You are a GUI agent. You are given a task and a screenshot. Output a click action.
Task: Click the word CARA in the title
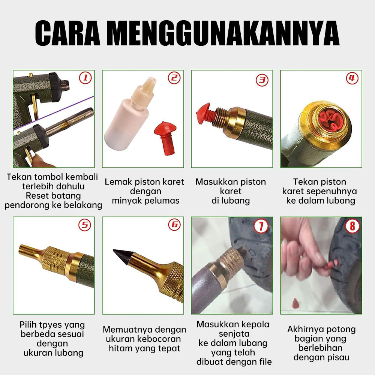coord(67,33)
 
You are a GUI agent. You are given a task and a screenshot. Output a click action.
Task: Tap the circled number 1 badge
coord(85,78)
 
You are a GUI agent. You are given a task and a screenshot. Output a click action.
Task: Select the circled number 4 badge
coord(352,78)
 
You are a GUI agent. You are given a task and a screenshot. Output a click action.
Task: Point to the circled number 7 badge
coord(261,226)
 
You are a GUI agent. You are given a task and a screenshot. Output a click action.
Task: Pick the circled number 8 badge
coord(352,226)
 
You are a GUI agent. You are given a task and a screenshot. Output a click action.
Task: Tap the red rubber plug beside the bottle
coord(165,138)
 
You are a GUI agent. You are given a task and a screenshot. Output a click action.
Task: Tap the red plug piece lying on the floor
coord(295,303)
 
